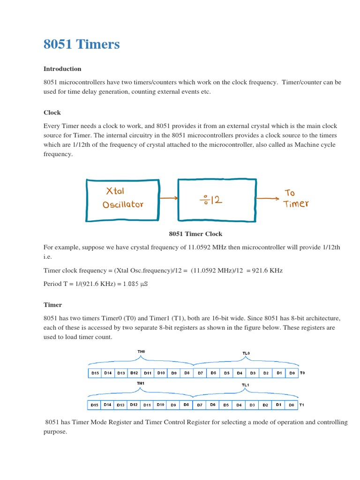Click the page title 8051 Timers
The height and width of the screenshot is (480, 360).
[x=82, y=45]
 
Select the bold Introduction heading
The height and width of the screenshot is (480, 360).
[x=62, y=69]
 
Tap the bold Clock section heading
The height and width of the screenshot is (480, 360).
[x=52, y=113]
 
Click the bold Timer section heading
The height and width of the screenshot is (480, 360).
[x=52, y=305]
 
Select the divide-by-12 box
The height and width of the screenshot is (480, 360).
[x=216, y=199]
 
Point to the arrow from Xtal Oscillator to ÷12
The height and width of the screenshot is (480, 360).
[x=168, y=198]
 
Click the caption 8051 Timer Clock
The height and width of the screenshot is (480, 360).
[x=195, y=234]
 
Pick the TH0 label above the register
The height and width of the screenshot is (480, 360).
[x=141, y=351]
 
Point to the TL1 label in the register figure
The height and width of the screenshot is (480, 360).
[x=245, y=385]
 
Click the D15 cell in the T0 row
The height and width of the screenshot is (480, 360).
[x=95, y=373]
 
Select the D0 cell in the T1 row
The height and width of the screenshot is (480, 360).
[x=292, y=405]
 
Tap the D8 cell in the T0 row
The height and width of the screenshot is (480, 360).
[x=187, y=373]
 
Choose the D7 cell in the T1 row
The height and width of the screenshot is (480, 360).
[x=200, y=405]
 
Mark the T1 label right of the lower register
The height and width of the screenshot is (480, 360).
[x=302, y=405]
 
